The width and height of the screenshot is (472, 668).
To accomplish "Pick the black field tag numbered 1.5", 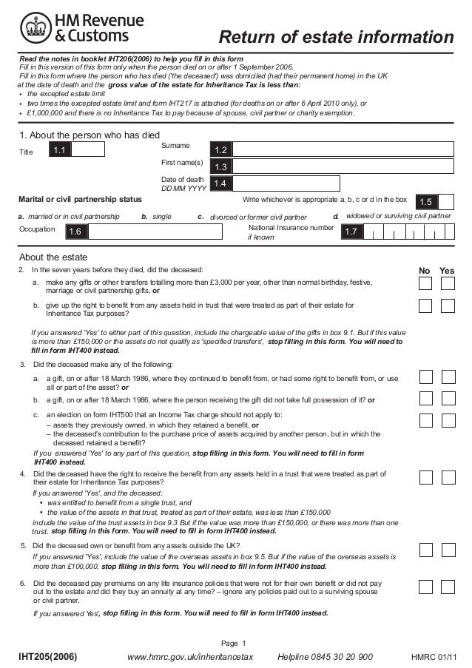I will click(x=425, y=202).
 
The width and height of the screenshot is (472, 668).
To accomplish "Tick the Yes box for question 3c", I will click(x=447, y=419).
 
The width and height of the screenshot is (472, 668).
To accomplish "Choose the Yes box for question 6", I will click(x=447, y=586).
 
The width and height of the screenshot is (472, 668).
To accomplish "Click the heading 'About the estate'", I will click(x=50, y=257).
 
